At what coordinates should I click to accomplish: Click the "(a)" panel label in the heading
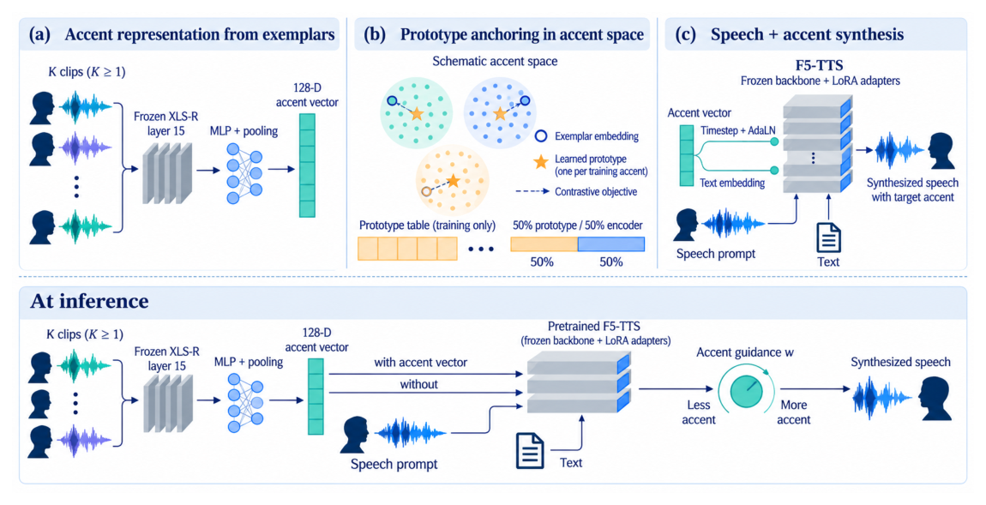pos(39,34)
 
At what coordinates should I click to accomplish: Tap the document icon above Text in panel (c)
pos(828,237)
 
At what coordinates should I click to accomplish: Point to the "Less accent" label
pos(699,412)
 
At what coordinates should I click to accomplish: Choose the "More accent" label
pos(794,412)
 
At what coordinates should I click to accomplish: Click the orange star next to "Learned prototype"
pos(541,162)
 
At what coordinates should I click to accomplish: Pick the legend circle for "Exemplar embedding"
pos(540,135)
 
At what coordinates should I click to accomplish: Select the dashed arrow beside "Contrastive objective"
pos(532,191)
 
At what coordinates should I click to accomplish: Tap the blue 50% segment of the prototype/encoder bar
pos(611,244)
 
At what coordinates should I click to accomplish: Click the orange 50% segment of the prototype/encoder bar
pos(544,244)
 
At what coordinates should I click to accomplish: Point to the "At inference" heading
pos(89,301)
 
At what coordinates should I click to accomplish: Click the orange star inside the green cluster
pos(417,114)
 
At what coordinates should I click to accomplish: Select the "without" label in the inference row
pos(418,384)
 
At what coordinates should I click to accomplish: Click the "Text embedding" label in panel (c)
pos(732,183)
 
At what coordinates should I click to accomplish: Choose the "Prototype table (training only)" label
pos(427,225)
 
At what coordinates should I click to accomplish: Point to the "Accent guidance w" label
pos(744,352)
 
